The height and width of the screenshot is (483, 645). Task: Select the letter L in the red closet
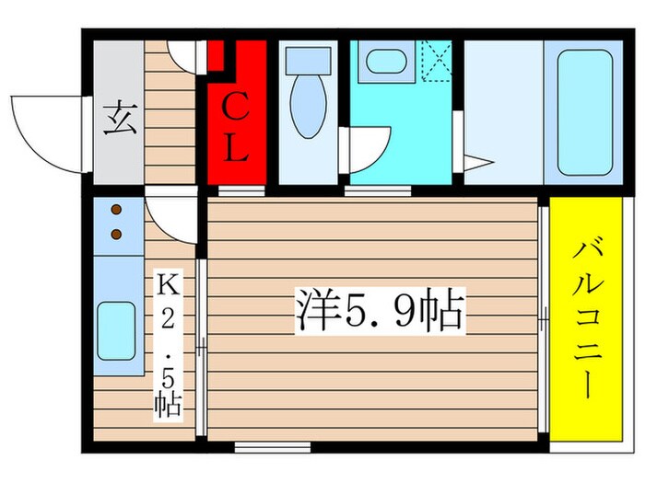[x=236, y=148]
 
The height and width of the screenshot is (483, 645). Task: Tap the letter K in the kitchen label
[x=168, y=285]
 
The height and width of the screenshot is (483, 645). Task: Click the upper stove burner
[x=117, y=212]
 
